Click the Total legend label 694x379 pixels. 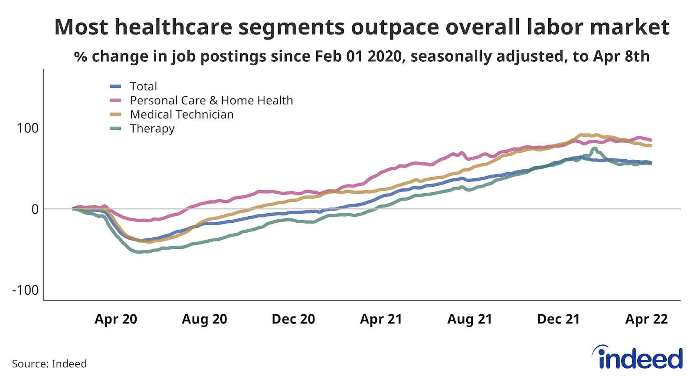(x=143, y=86)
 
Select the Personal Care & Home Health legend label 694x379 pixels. (x=211, y=100)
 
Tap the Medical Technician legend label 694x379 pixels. (x=182, y=114)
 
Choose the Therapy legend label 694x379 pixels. (x=152, y=129)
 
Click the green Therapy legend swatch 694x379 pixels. (x=116, y=129)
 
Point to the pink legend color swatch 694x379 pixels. (x=116, y=100)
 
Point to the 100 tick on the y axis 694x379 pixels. (x=27, y=128)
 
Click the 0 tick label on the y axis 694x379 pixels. (x=35, y=209)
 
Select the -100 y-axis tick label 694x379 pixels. (x=25, y=290)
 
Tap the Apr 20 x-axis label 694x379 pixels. (x=116, y=319)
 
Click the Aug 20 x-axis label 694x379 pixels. (x=204, y=319)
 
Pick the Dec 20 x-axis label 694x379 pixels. (x=293, y=319)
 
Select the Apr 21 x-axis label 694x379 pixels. (x=381, y=319)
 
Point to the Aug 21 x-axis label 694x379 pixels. (x=470, y=319)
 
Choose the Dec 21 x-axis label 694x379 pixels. (x=558, y=319)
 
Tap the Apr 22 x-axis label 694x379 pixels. (x=646, y=319)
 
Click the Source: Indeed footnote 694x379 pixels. (x=49, y=364)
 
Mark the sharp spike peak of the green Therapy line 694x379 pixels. (x=594, y=148)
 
